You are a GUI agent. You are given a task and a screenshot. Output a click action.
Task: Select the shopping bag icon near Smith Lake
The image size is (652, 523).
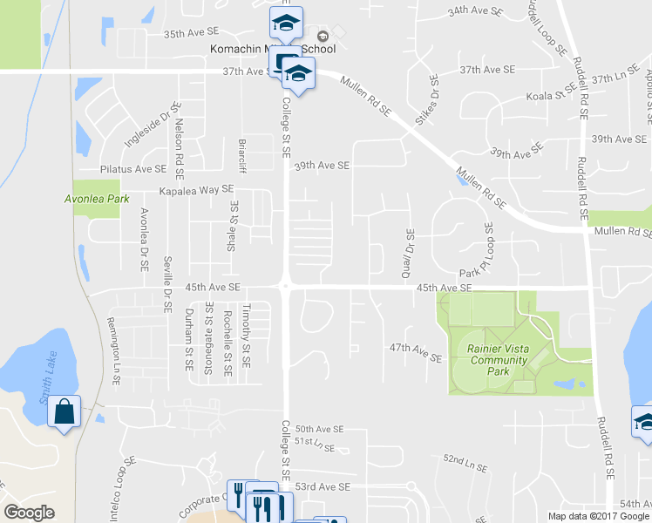(65, 412)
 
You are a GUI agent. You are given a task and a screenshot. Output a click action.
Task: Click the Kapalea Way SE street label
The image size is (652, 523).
(196, 188)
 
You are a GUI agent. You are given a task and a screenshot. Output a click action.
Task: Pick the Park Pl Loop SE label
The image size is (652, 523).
(489, 248)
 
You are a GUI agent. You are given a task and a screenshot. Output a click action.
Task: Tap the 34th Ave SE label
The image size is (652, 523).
(476, 12)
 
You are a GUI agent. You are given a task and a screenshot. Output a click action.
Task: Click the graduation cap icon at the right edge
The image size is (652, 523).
(643, 421)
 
